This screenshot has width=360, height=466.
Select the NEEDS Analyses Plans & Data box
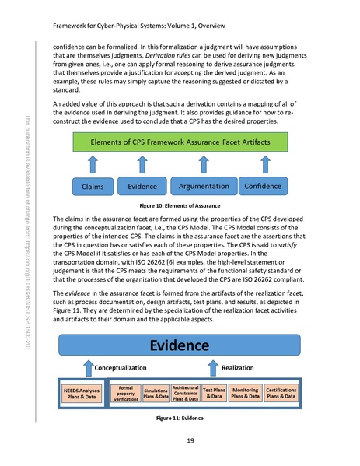81,392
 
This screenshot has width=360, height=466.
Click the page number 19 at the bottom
179,442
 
